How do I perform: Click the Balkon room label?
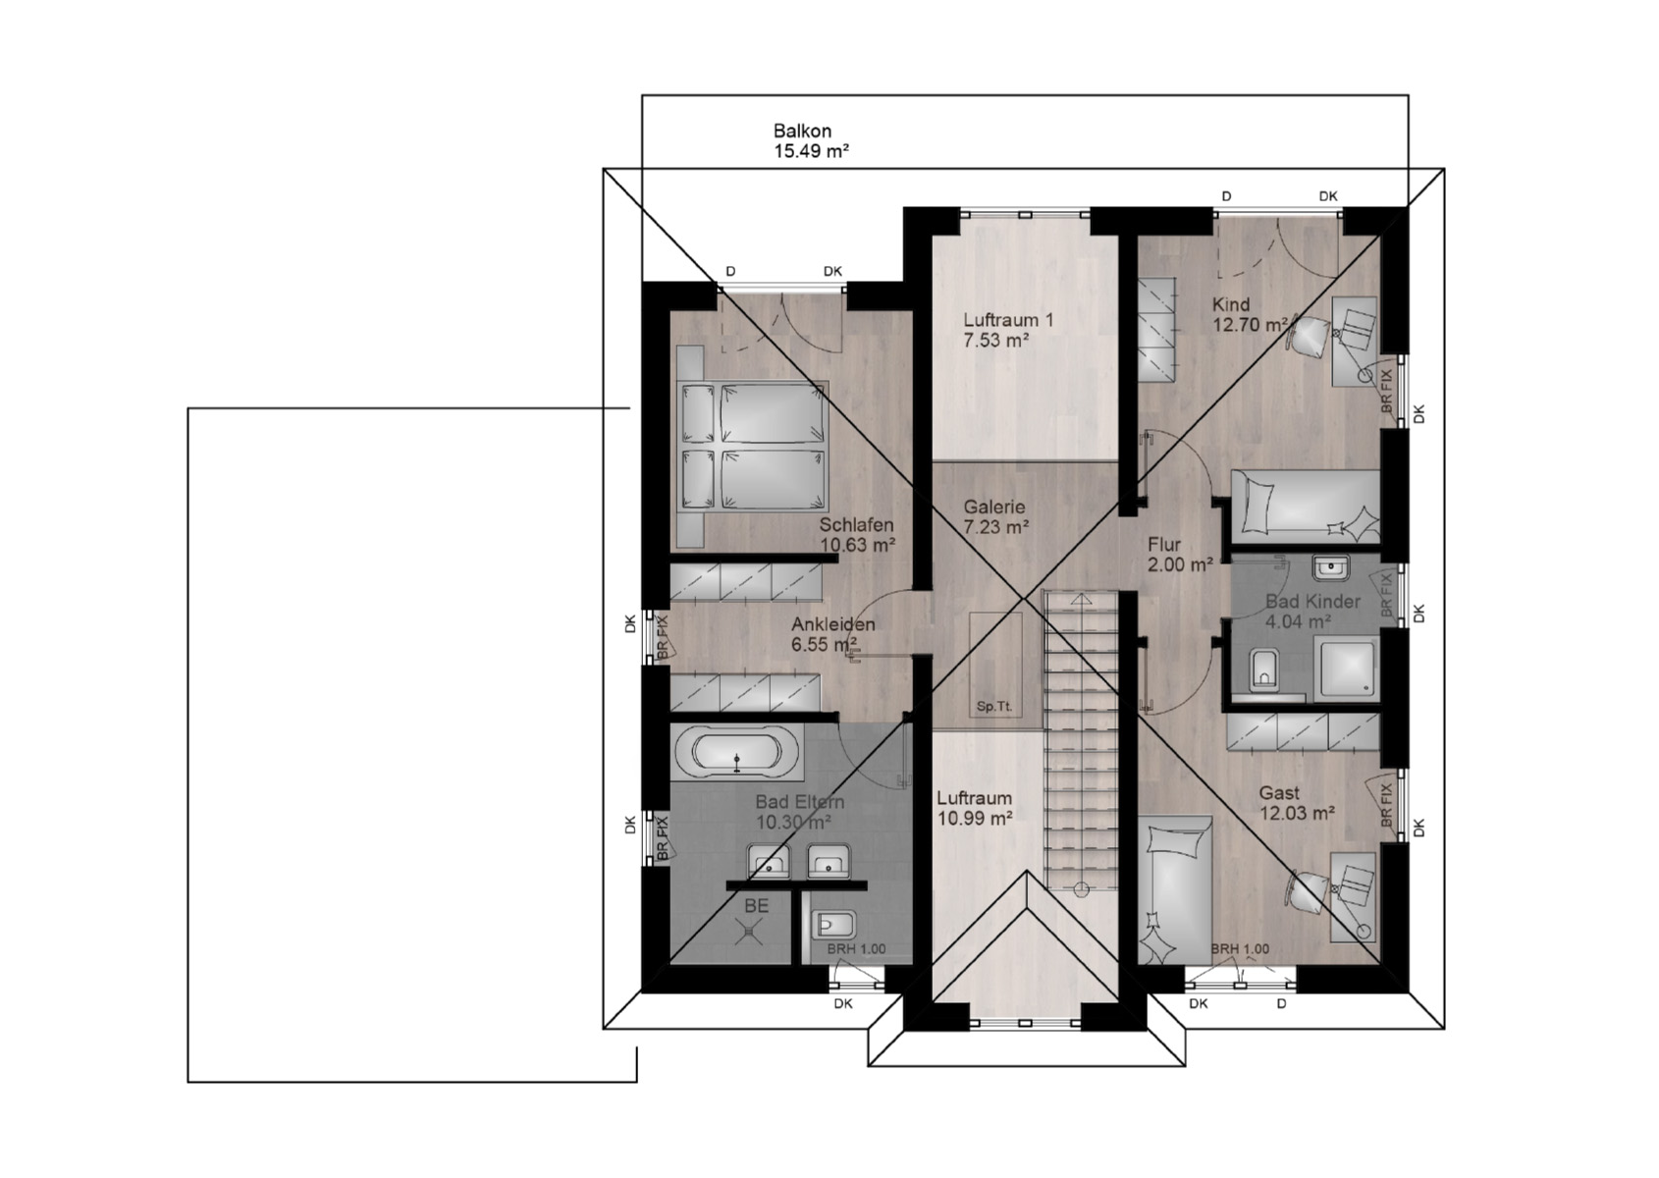[810, 140]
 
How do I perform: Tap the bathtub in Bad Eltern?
[736, 752]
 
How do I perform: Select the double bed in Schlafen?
[753, 447]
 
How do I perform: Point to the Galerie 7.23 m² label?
[995, 516]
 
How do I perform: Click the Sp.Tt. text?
[993, 707]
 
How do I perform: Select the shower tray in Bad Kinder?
[1347, 668]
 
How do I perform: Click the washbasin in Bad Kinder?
[1331, 568]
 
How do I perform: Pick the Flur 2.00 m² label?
[1180, 555]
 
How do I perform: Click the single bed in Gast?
[1175, 890]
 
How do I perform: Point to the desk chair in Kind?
[1308, 334]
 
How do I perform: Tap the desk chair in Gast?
[1308, 896]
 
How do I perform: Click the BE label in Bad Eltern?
[756, 906]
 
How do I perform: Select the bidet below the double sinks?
[834, 925]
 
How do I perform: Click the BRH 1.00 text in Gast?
[1240, 949]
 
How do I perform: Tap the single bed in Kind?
[1305, 503]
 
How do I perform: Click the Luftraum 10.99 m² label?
[975, 808]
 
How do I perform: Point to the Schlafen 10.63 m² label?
[857, 535]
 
